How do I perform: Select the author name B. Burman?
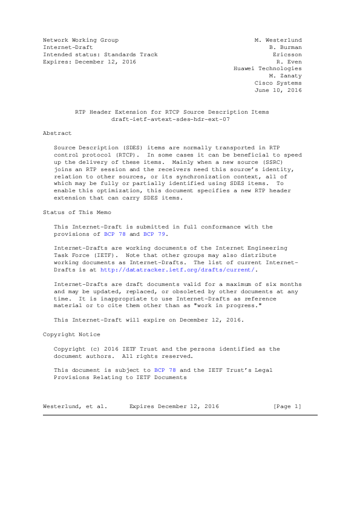click(286, 47)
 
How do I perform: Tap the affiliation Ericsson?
click(287, 54)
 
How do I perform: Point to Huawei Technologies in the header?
click(267, 68)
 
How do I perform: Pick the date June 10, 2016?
click(278, 90)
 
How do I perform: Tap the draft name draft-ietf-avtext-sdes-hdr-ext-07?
click(172, 119)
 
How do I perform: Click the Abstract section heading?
click(57, 133)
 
